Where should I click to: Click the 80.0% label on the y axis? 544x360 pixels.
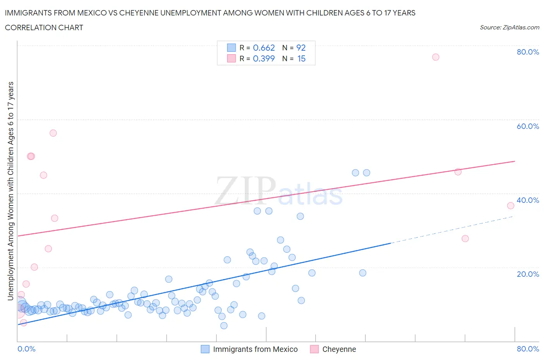point(528,52)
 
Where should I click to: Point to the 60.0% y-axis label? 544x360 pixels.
point(528,126)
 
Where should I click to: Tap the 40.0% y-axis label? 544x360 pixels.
point(528,200)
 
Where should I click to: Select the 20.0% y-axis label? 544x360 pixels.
point(528,274)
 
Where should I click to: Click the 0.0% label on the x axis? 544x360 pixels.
point(26,349)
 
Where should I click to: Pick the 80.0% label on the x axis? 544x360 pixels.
point(528,349)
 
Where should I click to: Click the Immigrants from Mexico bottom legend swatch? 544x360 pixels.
point(205,349)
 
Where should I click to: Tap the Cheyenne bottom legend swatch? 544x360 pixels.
point(314,349)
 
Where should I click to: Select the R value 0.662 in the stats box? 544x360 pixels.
point(264,48)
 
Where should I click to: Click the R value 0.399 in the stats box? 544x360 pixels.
point(264,58)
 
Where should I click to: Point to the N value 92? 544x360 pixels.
point(301,48)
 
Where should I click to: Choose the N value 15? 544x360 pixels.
point(301,58)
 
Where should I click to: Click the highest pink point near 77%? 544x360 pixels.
point(436,57)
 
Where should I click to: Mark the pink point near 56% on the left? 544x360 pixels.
point(53,133)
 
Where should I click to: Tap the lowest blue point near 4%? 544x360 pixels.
point(224,326)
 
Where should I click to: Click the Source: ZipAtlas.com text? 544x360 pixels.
point(509,27)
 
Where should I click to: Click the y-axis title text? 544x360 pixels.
point(10,191)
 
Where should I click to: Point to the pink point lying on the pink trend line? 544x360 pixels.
point(458,172)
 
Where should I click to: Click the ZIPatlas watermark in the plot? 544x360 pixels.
point(279,192)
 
